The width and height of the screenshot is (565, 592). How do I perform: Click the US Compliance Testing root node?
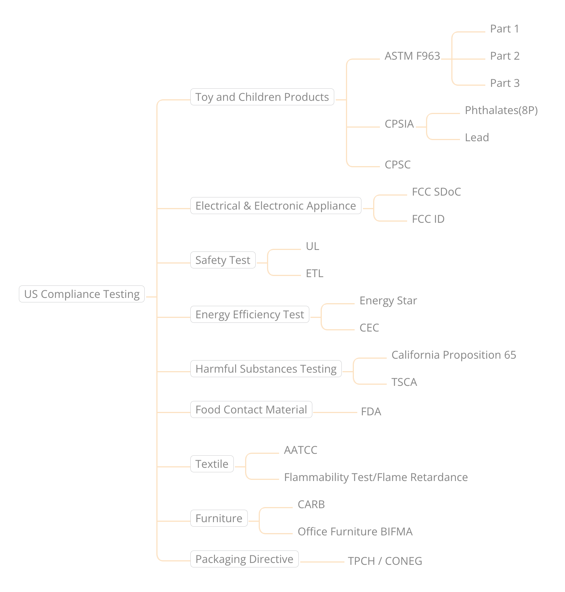[82, 294]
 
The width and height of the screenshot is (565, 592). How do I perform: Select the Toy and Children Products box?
[262, 97]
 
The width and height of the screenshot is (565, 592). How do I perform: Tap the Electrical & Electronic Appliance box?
[276, 206]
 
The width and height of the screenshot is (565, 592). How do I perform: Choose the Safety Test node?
[223, 260]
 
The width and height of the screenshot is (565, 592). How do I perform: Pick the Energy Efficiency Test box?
[250, 314]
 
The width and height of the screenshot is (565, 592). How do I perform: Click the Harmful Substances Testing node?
[266, 369]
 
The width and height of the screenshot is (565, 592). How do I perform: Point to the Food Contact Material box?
[251, 410]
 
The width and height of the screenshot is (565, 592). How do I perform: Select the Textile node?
[212, 464]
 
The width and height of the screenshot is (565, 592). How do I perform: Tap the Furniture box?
[219, 518]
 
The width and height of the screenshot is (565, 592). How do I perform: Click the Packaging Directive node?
[244, 559]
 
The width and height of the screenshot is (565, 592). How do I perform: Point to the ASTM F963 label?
[412, 56]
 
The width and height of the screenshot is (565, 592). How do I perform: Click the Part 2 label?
[505, 56]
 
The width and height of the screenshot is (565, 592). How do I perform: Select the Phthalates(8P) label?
[501, 111]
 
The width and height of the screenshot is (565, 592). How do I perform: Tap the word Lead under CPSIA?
[477, 138]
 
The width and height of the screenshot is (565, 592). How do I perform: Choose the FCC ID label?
[428, 219]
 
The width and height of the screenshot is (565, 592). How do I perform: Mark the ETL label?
[315, 274]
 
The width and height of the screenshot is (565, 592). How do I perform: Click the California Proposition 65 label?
[454, 355]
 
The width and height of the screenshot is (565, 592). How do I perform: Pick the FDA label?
[371, 412]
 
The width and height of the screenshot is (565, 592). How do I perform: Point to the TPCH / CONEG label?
[385, 561]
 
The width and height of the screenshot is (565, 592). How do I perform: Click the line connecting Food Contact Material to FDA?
[335, 412]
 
